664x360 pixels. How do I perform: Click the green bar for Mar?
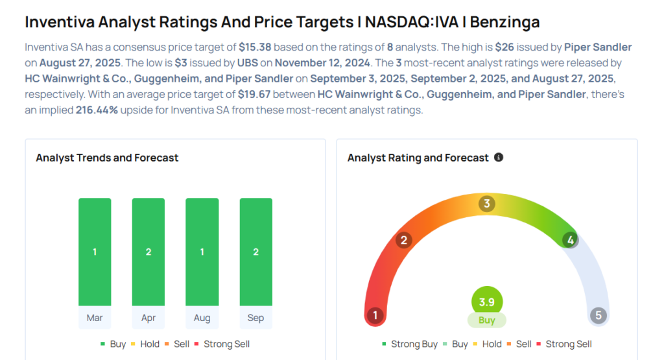click(x=95, y=252)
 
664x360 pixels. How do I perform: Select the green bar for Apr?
click(x=148, y=252)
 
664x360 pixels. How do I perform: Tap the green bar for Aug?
click(x=202, y=252)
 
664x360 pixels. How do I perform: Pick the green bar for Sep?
click(x=255, y=252)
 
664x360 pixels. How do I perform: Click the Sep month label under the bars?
click(x=255, y=318)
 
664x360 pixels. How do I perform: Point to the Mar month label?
click(x=95, y=318)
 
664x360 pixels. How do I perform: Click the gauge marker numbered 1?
click(x=374, y=316)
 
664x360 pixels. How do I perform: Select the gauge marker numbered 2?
click(x=403, y=241)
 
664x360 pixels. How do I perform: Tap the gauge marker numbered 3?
click(x=486, y=204)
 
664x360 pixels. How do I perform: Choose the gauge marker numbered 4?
click(x=570, y=240)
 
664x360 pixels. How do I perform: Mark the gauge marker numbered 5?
click(x=598, y=316)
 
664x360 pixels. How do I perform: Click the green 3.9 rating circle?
click(x=486, y=302)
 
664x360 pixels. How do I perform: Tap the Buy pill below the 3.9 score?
click(x=486, y=320)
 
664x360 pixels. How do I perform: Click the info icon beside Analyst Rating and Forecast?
click(x=499, y=158)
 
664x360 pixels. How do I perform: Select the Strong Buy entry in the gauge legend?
click(x=410, y=344)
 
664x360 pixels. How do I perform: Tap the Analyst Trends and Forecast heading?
click(x=107, y=158)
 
